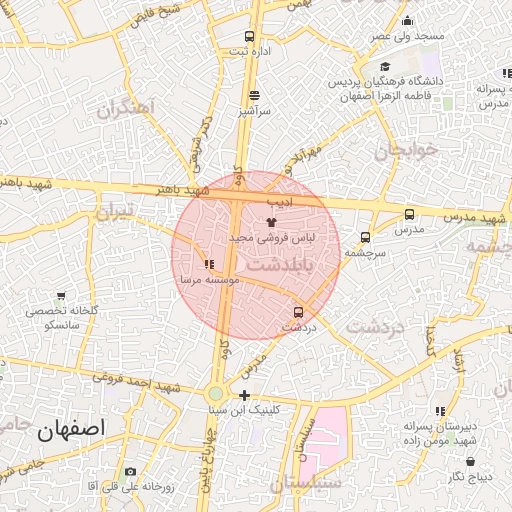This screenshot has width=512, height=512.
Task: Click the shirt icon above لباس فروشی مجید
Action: click(269, 222)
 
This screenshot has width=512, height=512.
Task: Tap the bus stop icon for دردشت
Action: click(297, 312)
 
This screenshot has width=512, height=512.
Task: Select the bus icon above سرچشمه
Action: click(364, 238)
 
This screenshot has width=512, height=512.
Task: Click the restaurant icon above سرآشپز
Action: click(254, 96)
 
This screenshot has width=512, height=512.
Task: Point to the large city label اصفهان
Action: click(71, 431)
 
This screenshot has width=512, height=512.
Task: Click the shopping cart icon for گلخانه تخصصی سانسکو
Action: click(62, 296)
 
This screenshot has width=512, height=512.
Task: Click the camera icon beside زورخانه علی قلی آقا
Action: click(130, 471)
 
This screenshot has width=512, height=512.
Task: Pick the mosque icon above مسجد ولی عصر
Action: click(406, 22)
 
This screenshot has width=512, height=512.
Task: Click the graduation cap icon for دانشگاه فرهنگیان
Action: click(384, 67)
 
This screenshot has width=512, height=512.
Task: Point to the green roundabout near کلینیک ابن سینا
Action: click(216, 394)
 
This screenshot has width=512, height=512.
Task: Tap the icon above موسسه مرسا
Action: click(208, 265)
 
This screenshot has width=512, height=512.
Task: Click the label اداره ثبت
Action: click(250, 50)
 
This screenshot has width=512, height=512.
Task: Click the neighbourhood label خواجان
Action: click(407, 150)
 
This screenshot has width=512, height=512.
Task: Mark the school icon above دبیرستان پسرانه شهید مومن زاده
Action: click(440, 411)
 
